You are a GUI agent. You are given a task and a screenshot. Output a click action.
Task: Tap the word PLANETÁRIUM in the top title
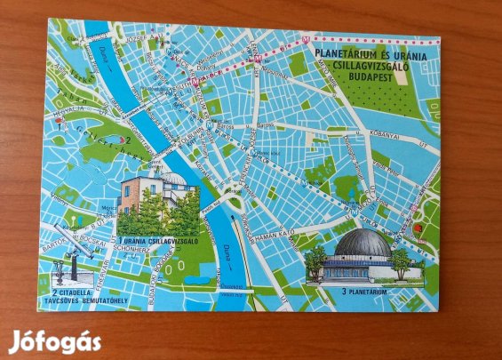341,52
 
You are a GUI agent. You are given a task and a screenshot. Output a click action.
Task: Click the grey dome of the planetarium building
364,243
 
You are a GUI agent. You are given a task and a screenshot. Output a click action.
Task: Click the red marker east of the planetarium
418,228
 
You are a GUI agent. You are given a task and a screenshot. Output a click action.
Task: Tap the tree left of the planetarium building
315,260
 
